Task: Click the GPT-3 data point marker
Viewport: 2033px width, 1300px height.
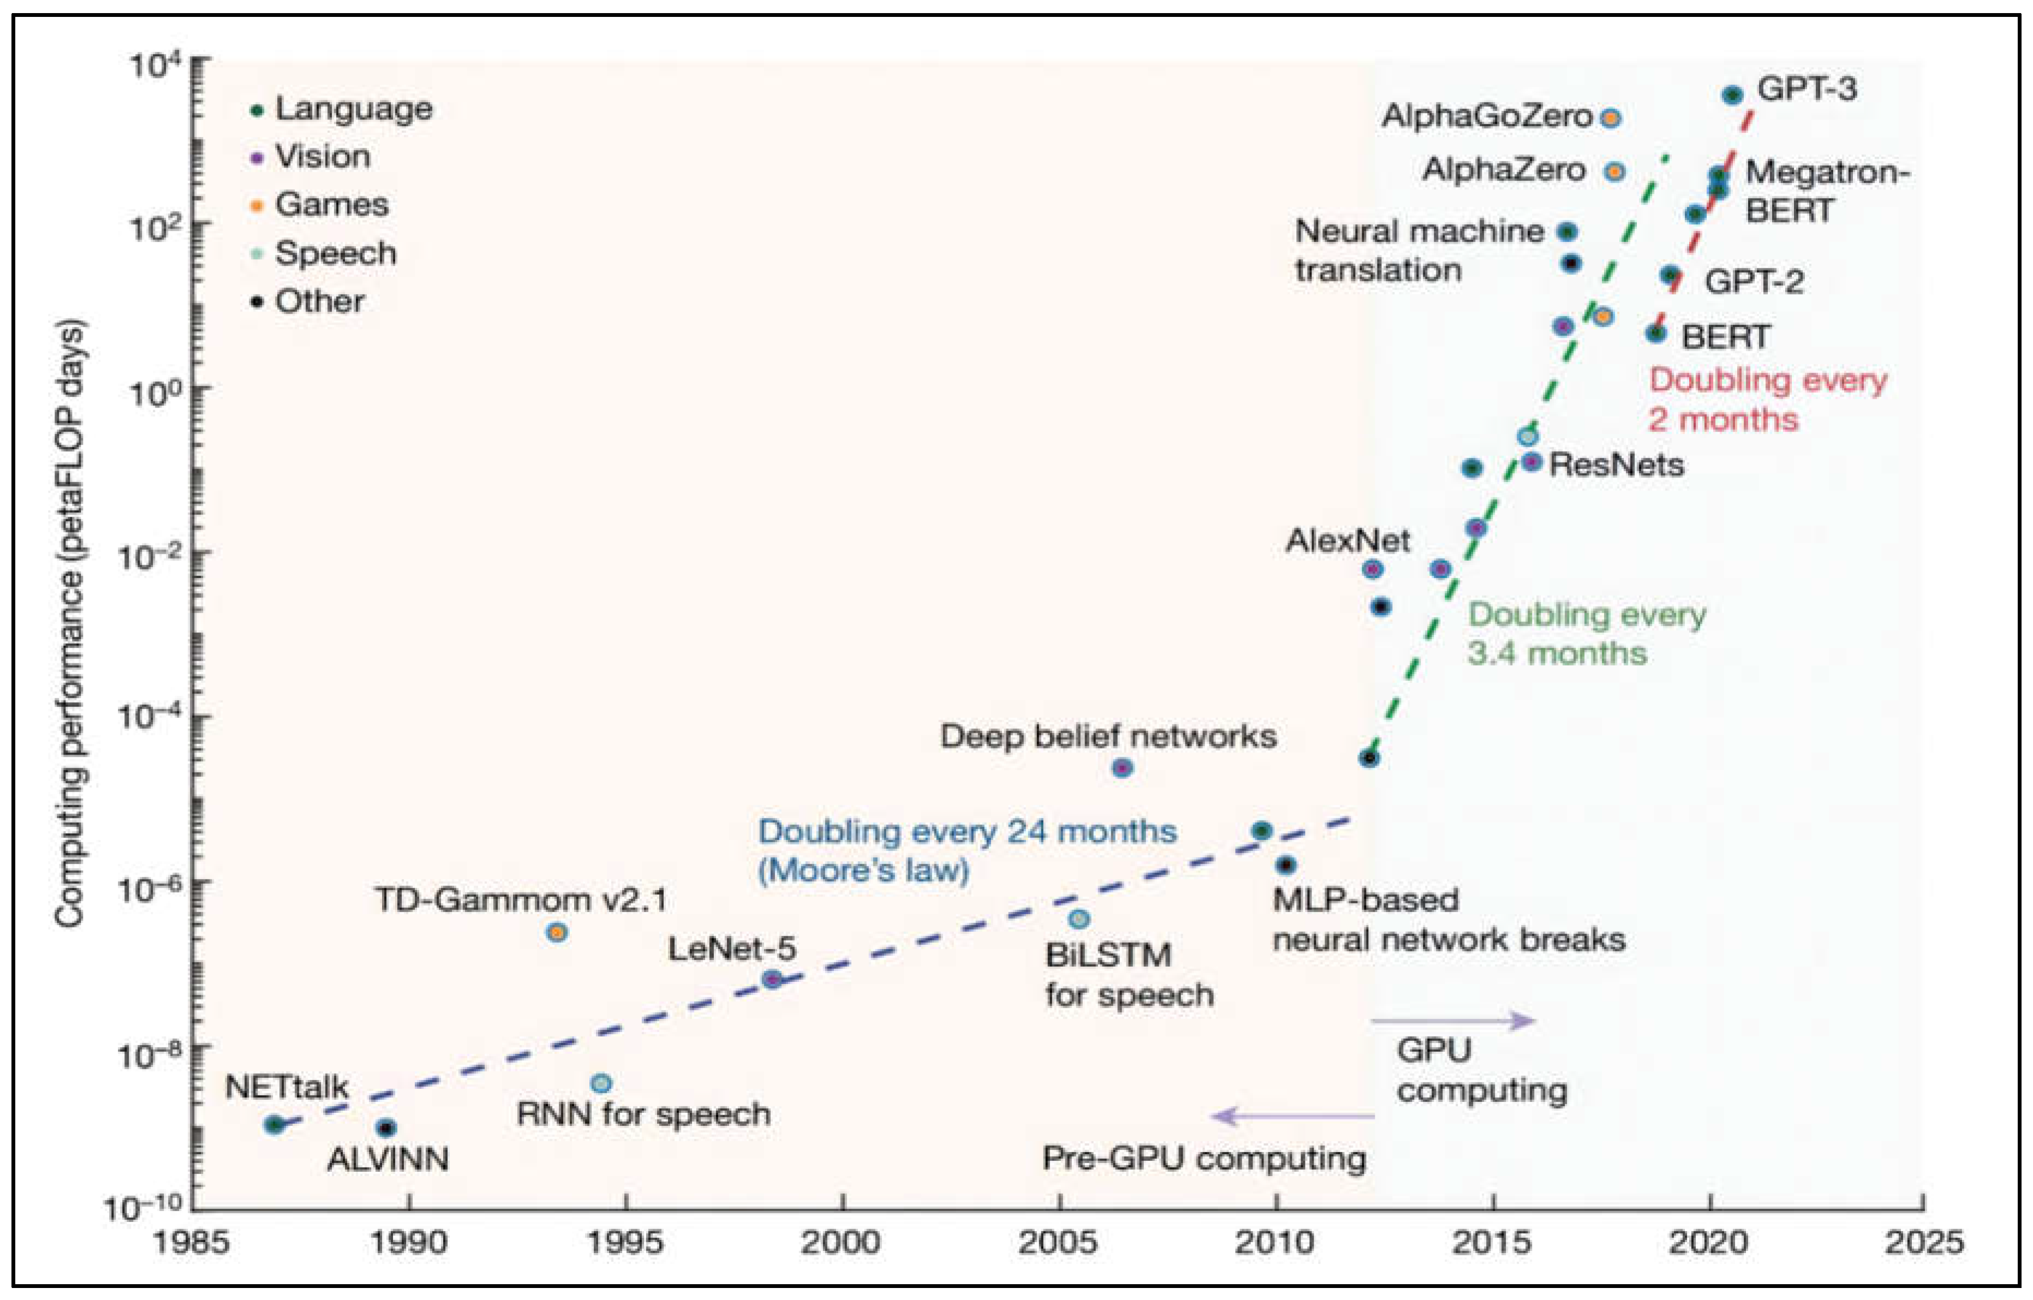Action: point(1732,95)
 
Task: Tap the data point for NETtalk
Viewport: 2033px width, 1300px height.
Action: point(273,1124)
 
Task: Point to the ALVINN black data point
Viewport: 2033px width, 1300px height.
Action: point(386,1128)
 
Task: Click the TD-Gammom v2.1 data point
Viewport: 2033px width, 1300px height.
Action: point(556,933)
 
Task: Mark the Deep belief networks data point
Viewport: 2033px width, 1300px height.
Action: point(1121,768)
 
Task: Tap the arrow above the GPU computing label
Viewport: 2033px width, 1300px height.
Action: point(1452,1021)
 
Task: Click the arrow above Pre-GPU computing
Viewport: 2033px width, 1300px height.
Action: point(1294,1116)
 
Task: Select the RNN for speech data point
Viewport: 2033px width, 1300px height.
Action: point(600,1083)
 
